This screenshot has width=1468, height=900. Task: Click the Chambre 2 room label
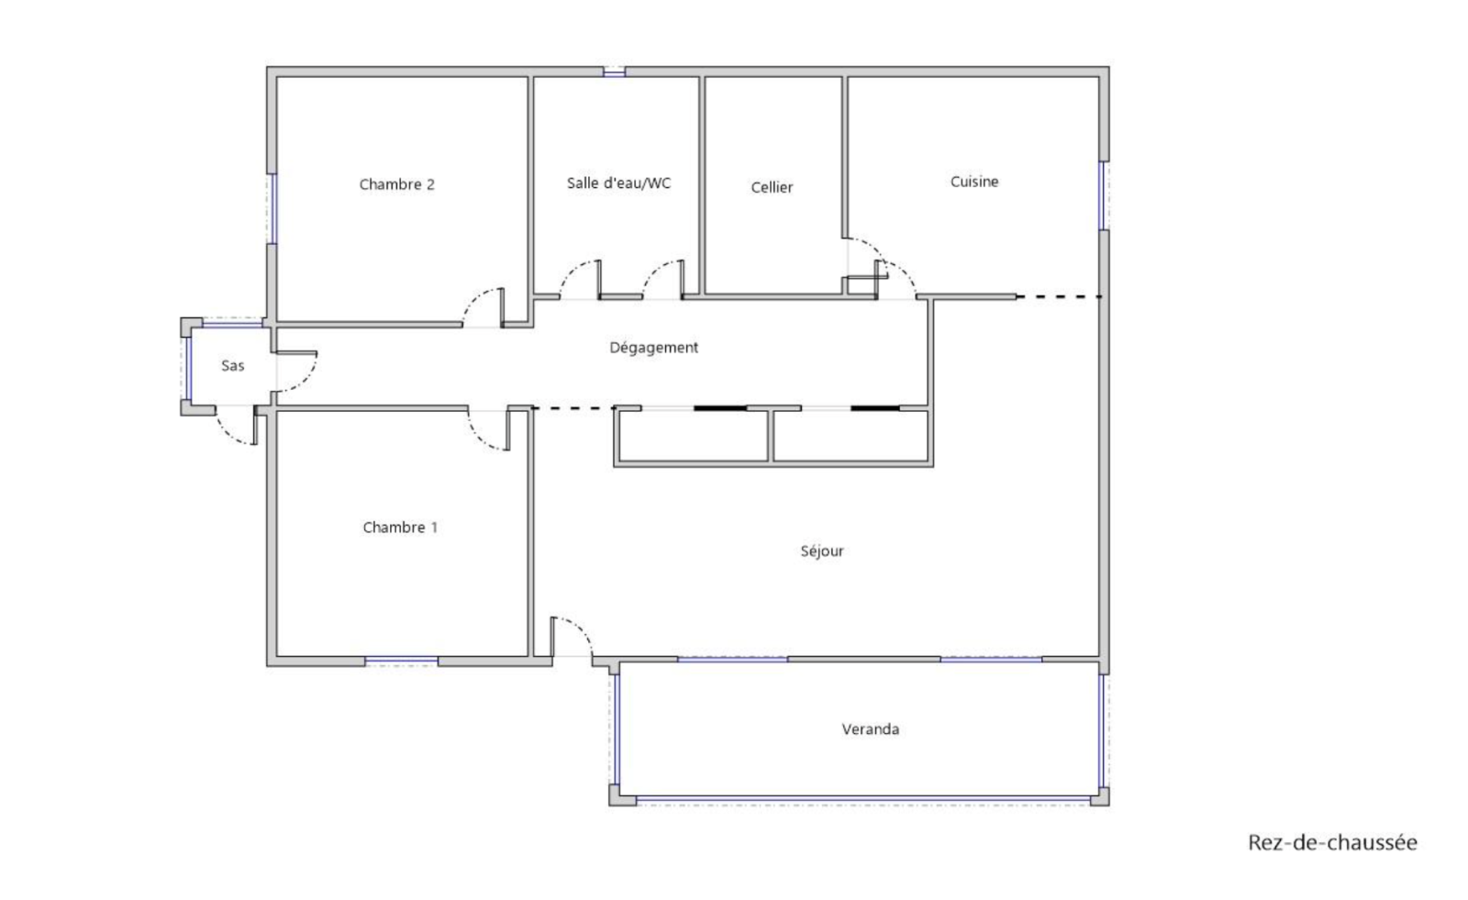tap(396, 184)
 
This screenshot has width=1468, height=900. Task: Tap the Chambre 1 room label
tap(400, 527)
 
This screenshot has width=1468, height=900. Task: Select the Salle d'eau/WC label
tap(618, 183)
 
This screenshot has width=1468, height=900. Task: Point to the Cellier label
tap(772, 187)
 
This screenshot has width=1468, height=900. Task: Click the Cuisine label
tap(974, 182)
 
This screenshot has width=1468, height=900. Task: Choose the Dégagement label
tap(653, 348)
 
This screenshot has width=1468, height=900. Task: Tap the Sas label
tap(233, 366)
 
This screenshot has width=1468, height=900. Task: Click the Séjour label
tap(822, 551)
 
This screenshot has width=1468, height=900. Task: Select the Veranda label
tap(871, 729)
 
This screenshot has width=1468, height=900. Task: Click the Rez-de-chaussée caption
tap(1332, 842)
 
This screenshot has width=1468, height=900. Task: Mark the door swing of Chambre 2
tap(484, 307)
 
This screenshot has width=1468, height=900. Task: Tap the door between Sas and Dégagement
tap(297, 372)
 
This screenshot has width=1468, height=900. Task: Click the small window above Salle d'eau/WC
tap(614, 72)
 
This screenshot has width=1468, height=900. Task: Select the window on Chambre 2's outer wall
tap(272, 208)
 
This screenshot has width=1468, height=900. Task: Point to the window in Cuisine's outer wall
tap(1105, 195)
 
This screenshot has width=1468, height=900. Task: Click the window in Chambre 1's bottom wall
tap(401, 661)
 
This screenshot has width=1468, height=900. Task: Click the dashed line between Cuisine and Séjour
tap(1059, 297)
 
